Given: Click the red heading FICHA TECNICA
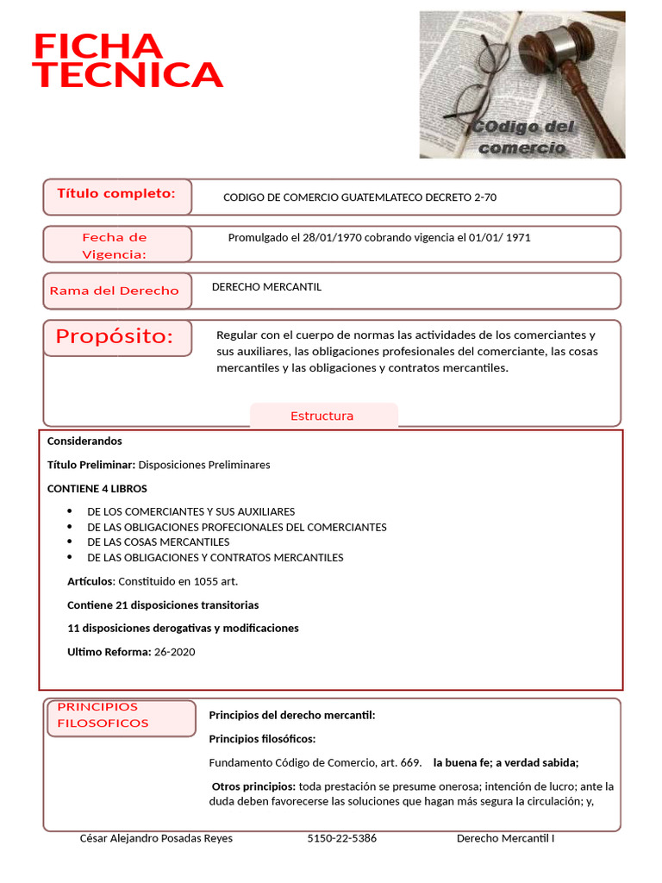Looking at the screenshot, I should (x=127, y=61).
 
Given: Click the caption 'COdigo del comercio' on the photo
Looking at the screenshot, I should (x=522, y=137).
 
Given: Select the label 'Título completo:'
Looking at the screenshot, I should (x=116, y=194).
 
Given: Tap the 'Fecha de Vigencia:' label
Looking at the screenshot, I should (x=115, y=246).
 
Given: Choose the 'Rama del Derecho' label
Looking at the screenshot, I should (x=115, y=291).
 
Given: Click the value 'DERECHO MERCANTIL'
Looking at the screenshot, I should (x=266, y=287).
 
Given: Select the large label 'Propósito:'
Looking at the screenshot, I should (x=115, y=337).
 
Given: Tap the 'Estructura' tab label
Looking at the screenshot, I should (x=322, y=416).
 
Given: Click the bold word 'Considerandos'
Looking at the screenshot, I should (x=84, y=441).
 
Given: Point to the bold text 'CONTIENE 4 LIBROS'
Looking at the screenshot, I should (x=97, y=489).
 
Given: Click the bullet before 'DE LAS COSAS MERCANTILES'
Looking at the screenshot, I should (x=70, y=542).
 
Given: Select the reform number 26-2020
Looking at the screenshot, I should (x=174, y=652).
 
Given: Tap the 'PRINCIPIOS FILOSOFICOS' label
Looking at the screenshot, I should (x=103, y=716).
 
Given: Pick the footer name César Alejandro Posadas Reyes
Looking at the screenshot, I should (x=156, y=839).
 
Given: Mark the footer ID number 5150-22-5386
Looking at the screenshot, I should (x=342, y=839).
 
